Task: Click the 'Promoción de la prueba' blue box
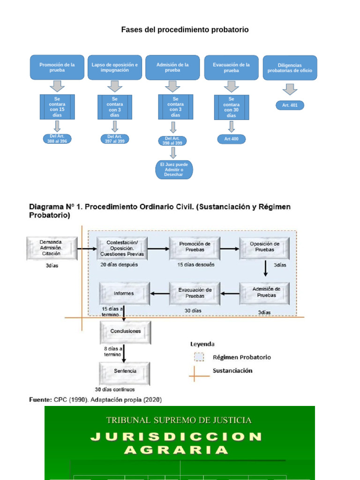tap(57, 67)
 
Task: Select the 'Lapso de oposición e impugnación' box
tap(115, 67)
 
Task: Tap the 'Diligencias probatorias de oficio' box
tap(290, 68)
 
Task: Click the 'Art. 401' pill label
tap(290, 105)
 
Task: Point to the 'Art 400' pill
tap(231, 139)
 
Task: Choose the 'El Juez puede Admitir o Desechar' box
tap(174, 169)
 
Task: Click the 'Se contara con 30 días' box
tap(231, 107)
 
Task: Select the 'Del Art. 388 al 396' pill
tap(57, 139)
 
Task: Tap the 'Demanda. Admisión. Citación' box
tap(51, 248)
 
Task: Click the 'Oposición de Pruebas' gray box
tap(264, 247)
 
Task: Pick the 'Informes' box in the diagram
tap(124, 293)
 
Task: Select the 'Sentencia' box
tap(125, 371)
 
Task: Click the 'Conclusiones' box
tap(125, 331)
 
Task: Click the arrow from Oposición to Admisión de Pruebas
tap(265, 269)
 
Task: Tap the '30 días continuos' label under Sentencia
tap(114, 390)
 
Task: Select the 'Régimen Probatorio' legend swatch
tap(199, 357)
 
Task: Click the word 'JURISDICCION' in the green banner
tap(177, 437)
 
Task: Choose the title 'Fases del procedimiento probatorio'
tap(185, 30)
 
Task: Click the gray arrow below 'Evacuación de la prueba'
tap(231, 87)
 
